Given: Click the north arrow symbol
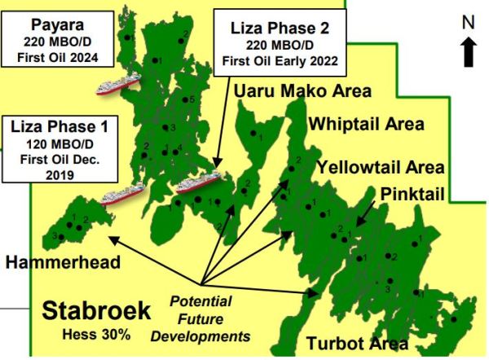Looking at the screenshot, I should coord(469,52).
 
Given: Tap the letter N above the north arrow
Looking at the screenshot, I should coord(469,24).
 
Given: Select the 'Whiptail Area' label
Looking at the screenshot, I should coord(366,125).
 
